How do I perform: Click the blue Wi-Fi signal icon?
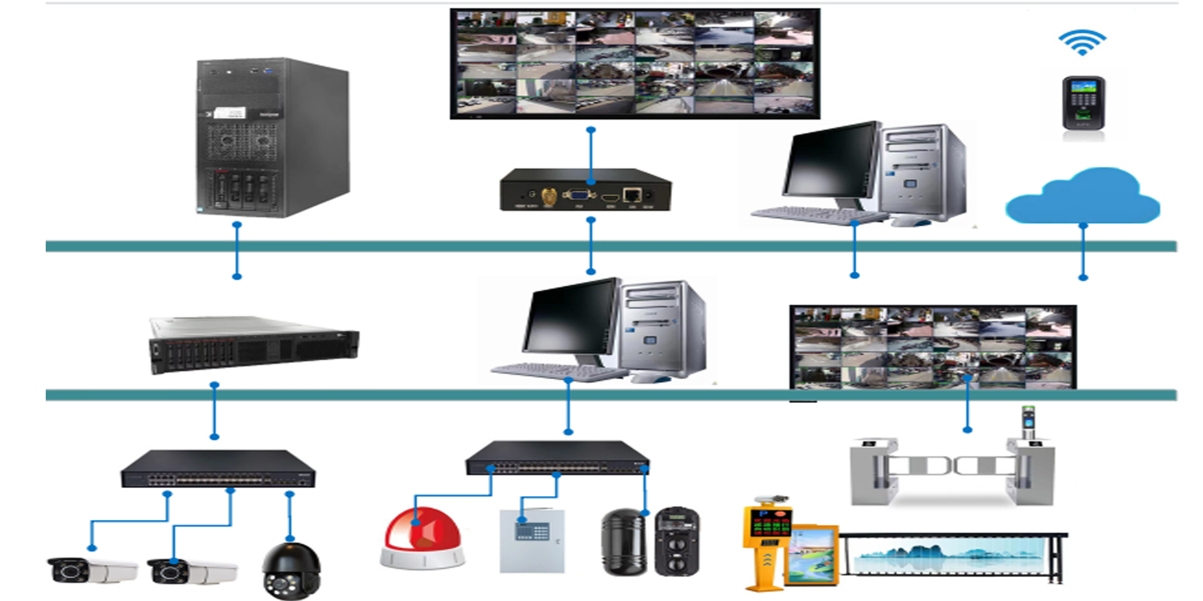1082,42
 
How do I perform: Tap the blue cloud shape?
1082,196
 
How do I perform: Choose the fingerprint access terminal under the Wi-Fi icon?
1083,103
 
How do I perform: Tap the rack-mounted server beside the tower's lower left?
253,344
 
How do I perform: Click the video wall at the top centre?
634,63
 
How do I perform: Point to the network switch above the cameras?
218,469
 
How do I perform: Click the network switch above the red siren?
557,458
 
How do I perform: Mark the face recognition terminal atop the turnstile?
1028,424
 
